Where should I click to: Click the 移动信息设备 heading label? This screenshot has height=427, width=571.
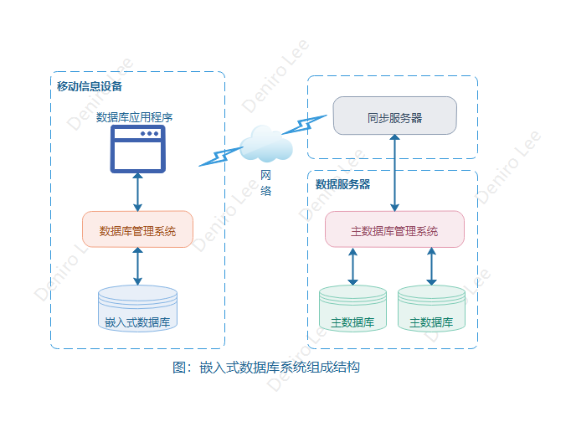click(90, 87)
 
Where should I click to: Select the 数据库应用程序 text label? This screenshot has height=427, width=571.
click(135, 117)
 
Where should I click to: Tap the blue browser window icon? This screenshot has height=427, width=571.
click(138, 150)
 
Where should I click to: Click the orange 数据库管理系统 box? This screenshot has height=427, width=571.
click(137, 230)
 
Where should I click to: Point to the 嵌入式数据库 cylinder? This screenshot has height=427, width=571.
click(137, 310)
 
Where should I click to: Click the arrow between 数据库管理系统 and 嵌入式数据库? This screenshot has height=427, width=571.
click(138, 267)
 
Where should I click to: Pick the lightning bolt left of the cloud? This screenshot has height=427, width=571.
click(220, 157)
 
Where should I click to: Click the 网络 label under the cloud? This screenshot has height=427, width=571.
click(266, 183)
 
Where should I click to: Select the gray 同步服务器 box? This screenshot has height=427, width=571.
click(394, 116)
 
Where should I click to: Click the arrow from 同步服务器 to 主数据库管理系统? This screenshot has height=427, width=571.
click(394, 172)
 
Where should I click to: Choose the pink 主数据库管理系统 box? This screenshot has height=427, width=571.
click(394, 230)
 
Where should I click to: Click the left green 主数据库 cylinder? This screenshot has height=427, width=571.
click(352, 310)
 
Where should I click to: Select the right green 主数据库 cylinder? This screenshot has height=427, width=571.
click(431, 310)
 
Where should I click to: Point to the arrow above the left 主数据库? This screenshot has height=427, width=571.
click(352, 267)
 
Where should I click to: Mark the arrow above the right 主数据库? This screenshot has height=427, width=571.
click(431, 267)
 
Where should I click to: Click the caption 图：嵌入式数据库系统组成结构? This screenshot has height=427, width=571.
click(265, 367)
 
